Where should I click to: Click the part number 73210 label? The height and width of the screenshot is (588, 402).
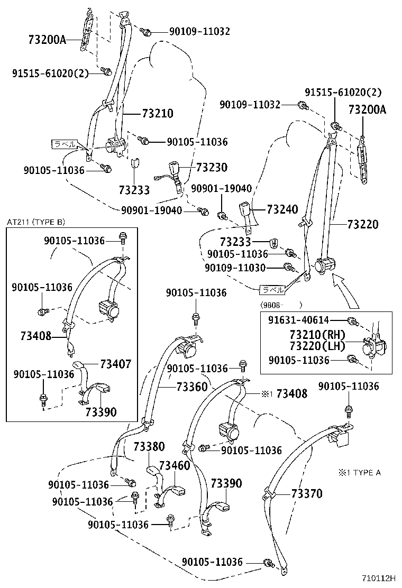pos(157,114)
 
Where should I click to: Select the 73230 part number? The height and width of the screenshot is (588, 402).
pos(211,168)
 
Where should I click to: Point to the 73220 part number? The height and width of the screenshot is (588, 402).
pos(363,224)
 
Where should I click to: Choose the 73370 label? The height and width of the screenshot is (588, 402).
pos(306,493)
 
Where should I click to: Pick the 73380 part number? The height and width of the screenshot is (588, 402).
pos(149,446)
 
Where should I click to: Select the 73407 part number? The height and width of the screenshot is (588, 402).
pos(115,364)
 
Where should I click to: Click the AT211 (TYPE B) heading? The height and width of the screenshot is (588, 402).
pos(35,222)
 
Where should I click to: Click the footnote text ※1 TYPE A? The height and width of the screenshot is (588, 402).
pos(359,472)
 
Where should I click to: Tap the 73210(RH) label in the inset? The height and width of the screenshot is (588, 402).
pos(317,335)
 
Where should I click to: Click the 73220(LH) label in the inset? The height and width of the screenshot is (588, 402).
pos(317,346)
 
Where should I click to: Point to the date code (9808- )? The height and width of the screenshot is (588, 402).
pos(280,305)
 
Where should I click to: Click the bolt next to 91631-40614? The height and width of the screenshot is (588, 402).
pos(352,321)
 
